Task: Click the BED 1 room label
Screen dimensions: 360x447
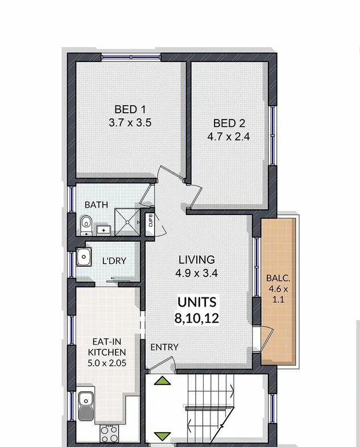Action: click(x=130, y=109)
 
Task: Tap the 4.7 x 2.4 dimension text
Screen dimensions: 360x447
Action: click(x=229, y=137)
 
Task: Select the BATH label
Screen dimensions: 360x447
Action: click(x=96, y=205)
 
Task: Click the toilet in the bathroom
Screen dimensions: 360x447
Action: click(x=86, y=226)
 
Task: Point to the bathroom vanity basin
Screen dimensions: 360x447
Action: click(x=104, y=230)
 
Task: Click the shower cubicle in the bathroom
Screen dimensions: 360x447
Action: click(x=127, y=222)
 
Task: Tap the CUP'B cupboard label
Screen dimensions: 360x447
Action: click(x=151, y=221)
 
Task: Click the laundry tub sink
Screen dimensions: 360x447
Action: click(x=84, y=256)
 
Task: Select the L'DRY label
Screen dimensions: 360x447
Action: click(x=114, y=261)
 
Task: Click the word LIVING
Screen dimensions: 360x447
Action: click(x=197, y=260)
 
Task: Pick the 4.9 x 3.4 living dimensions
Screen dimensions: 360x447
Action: click(x=197, y=274)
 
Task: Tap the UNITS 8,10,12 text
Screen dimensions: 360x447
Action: click(x=197, y=310)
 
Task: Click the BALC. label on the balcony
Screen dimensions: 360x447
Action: click(x=278, y=278)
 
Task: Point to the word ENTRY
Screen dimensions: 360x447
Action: click(x=164, y=347)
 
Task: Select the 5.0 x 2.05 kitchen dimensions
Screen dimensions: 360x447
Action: click(x=107, y=363)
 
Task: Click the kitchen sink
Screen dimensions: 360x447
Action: click(x=86, y=406)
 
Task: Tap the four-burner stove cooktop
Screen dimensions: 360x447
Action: click(x=109, y=433)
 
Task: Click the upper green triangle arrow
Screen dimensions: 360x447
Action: click(x=163, y=380)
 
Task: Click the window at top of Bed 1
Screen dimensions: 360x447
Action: click(x=131, y=57)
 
